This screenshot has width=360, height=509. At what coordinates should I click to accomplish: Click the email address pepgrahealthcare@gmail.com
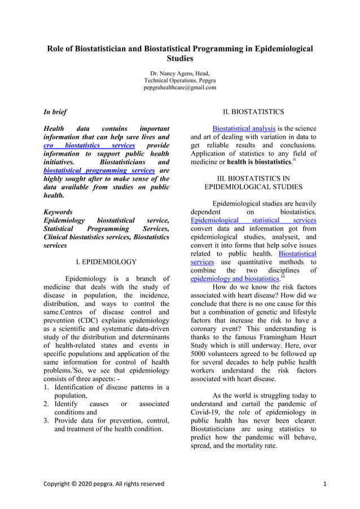[179, 88]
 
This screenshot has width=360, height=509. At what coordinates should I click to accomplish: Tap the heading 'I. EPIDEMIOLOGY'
[106, 262]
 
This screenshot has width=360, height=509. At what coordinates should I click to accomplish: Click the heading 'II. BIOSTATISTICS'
[253, 112]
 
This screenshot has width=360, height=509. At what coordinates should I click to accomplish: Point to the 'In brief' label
[55, 112]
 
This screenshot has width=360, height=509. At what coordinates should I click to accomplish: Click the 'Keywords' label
[58, 212]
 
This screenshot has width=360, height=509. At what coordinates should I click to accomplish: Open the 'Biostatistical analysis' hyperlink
[244, 129]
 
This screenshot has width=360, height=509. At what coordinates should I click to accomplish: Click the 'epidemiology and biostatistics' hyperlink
[234, 279]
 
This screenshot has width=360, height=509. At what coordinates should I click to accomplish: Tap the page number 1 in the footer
[326, 484]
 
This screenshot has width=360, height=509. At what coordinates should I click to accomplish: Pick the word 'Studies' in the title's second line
[180, 58]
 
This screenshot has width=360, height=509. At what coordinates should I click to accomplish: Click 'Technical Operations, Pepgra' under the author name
[179, 81]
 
